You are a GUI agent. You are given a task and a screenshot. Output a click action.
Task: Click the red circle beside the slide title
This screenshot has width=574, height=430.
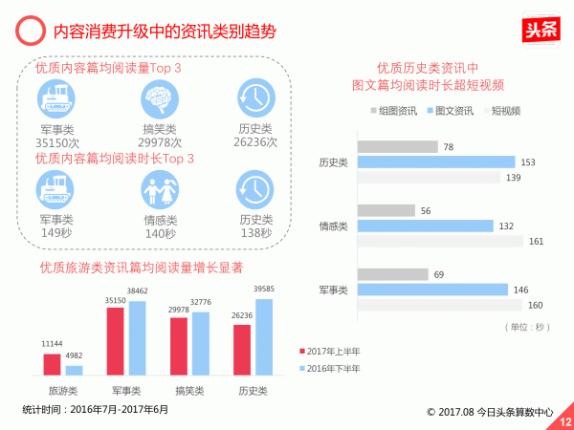30,32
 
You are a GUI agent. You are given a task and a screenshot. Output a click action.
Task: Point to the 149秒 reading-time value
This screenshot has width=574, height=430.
55,232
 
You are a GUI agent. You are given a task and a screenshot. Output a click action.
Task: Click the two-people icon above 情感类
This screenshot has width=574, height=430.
159,189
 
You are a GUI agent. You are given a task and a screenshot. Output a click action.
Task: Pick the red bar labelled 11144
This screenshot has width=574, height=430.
52,364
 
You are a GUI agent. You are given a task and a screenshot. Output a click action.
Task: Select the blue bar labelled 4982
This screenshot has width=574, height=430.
74,370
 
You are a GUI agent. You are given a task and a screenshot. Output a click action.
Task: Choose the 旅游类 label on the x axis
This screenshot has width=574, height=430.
63,391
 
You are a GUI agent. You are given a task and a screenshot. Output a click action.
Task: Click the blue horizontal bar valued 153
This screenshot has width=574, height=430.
436,162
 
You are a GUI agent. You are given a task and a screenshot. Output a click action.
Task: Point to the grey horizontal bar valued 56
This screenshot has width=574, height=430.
386,210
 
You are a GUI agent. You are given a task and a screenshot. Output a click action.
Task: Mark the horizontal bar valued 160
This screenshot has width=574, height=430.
440,305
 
